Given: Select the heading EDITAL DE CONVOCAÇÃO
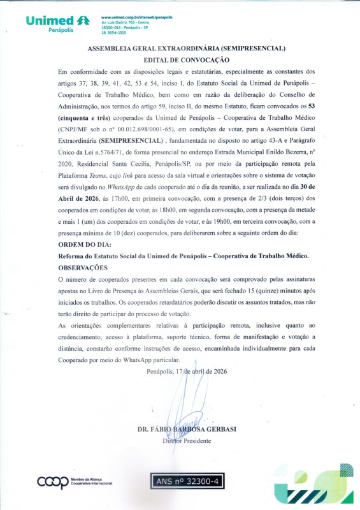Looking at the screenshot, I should coord(180,59).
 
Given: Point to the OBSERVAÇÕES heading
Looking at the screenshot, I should coord(83,268).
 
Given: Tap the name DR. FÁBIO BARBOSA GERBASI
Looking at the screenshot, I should coord(186,429).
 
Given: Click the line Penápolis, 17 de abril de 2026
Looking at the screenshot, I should coord(186,371).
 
